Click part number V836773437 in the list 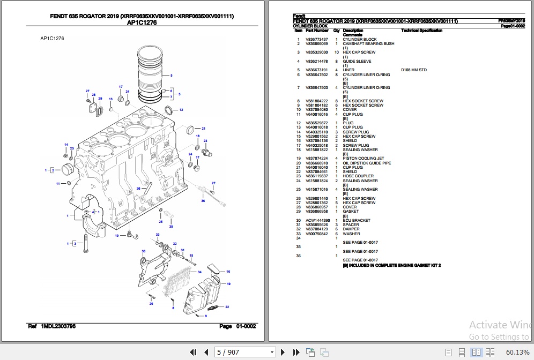[316, 40]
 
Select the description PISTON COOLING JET [363, 159]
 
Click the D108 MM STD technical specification [413, 70]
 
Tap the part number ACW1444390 [317, 221]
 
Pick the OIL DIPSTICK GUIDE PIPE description [367, 163]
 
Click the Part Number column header [317, 31]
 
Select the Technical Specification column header [421, 31]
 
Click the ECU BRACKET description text [357, 221]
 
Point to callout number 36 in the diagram [203, 201]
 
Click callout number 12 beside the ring [181, 110]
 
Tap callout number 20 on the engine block [138, 189]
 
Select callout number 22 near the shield [227, 307]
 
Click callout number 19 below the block [116, 236]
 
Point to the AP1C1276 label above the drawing [53, 39]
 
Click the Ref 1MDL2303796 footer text [52, 326]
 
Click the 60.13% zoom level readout [517, 352]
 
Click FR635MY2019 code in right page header [511, 21]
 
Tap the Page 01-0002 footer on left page [238, 326]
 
